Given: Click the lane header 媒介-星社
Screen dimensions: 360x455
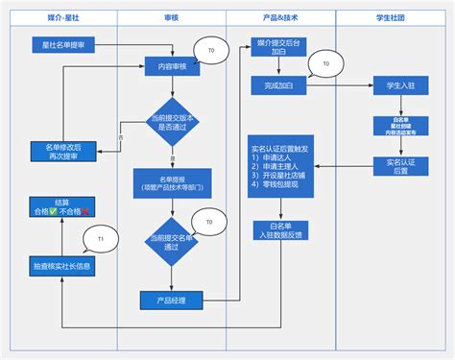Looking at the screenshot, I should pyautogui.click(x=62, y=18).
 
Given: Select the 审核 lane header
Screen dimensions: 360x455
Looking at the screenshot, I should pyautogui.click(x=171, y=18).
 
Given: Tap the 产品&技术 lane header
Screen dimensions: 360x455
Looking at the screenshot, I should pyautogui.click(x=279, y=18).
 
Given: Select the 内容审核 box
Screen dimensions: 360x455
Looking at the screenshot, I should pyautogui.click(x=171, y=67).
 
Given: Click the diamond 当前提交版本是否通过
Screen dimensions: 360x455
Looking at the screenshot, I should pyautogui.click(x=171, y=121).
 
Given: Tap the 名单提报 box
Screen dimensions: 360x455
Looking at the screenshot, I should pyautogui.click(x=171, y=181).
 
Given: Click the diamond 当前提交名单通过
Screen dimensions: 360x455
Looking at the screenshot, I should pyautogui.click(x=171, y=241).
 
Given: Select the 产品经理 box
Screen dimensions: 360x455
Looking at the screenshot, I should pyautogui.click(x=171, y=300).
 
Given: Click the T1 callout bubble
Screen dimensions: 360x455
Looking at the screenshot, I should pyautogui.click(x=100, y=237).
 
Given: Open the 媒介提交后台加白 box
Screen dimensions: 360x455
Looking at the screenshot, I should pyautogui.click(x=279, y=49).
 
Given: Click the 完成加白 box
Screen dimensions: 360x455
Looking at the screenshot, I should pyautogui.click(x=279, y=86).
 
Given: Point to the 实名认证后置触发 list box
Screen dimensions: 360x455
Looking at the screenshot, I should pyautogui.click(x=279, y=169).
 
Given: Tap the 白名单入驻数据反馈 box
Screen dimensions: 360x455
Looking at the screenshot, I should pyautogui.click(x=279, y=229).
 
